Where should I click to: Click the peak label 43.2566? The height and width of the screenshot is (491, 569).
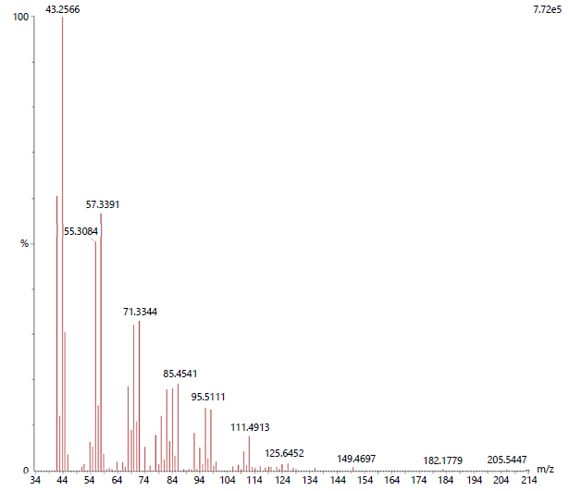coord(63,8)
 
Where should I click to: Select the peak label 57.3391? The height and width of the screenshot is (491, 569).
coord(104,204)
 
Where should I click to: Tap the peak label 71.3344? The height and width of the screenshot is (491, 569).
coord(141,313)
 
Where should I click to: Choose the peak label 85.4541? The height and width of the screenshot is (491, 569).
coord(180,374)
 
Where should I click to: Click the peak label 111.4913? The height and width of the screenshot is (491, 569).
coord(250,427)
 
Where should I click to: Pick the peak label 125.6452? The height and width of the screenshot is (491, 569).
coord(284,453)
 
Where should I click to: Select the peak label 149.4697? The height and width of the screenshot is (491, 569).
coord(356,459)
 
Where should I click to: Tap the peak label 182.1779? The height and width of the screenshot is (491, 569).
coord(442,460)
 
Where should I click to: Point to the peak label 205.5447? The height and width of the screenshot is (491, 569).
coord(506,460)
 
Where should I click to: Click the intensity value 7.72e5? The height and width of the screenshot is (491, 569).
coord(549,8)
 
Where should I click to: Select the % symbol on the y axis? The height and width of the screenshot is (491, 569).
coord(26,244)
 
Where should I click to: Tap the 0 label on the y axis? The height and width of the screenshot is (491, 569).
coord(27,470)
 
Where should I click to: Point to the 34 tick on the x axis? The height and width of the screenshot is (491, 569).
coord(35,482)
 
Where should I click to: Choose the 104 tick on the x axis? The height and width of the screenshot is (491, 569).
coord(228,482)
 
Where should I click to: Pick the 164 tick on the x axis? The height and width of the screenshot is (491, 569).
coord(392,482)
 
